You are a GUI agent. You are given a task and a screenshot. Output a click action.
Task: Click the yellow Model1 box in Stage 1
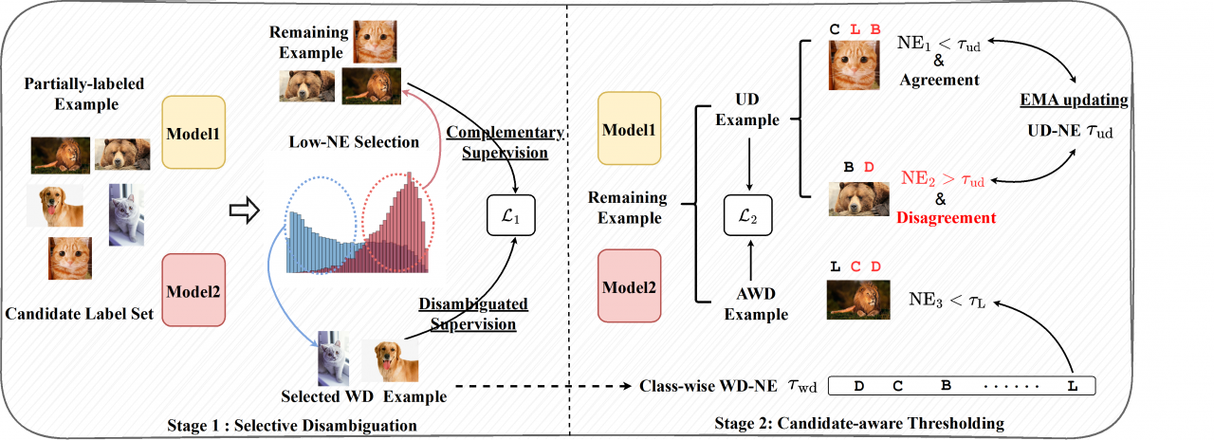(193, 133)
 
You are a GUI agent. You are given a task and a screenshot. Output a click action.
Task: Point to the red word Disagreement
(946, 217)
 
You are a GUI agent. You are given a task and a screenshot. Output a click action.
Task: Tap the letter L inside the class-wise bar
(1072, 386)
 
